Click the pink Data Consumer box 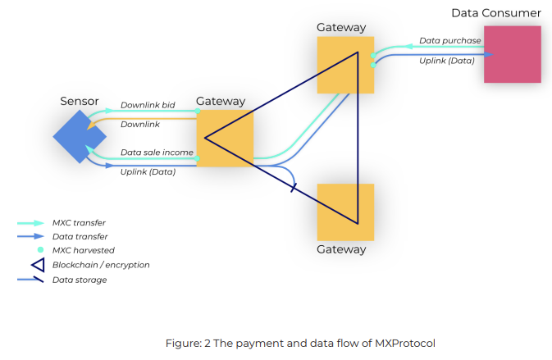click(512, 54)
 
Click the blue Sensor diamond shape click(73, 135)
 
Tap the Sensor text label click(80, 102)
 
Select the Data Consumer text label click(495, 13)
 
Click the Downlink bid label click(148, 105)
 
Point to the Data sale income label click(157, 153)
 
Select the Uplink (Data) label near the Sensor click(148, 171)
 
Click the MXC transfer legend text click(79, 222)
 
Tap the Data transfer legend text click(80, 236)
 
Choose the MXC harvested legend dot click(39, 249)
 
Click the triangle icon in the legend click(38, 264)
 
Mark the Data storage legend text click(80, 280)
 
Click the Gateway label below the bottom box click(341, 249)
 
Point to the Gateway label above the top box click(341, 28)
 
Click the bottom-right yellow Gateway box click(345, 212)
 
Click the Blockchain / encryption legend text click(101, 265)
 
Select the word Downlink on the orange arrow click(140, 125)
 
